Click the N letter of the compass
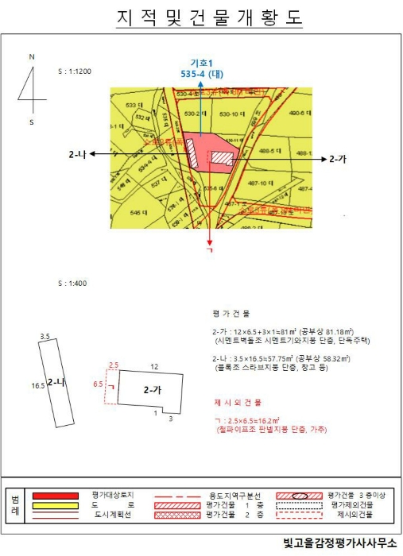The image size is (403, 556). tap(31, 57)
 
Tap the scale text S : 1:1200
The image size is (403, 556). tap(76, 71)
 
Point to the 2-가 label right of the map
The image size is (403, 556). tap(338, 159)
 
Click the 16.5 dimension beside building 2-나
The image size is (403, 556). tap(37, 385)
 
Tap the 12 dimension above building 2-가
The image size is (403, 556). tap(155, 366)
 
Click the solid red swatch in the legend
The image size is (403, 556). tap(55, 494)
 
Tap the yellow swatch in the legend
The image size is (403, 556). tap(55, 504)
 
